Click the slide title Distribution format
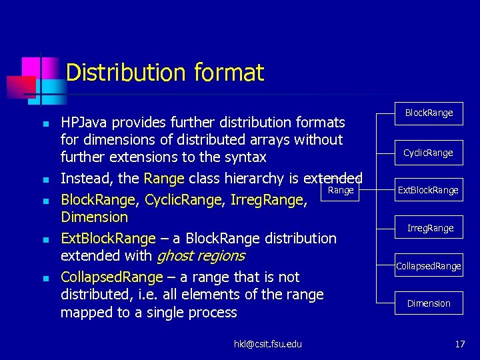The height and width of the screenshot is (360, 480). click(x=165, y=72)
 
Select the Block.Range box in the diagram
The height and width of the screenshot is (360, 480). click(x=429, y=113)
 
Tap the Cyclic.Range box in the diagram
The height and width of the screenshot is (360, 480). click(x=428, y=153)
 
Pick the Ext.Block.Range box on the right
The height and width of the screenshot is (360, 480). click(x=428, y=191)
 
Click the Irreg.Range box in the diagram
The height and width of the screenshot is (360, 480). click(x=430, y=228)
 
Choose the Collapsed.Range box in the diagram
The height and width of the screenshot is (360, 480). click(x=428, y=266)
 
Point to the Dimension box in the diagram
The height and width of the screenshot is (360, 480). click(x=429, y=303)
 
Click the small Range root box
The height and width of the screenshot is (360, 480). click(x=341, y=191)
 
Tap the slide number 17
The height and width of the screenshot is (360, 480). click(x=459, y=344)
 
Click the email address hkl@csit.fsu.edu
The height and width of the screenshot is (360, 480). click(x=267, y=344)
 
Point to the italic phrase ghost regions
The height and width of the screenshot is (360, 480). click(x=200, y=256)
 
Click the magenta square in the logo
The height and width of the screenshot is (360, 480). click(x=31, y=67)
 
